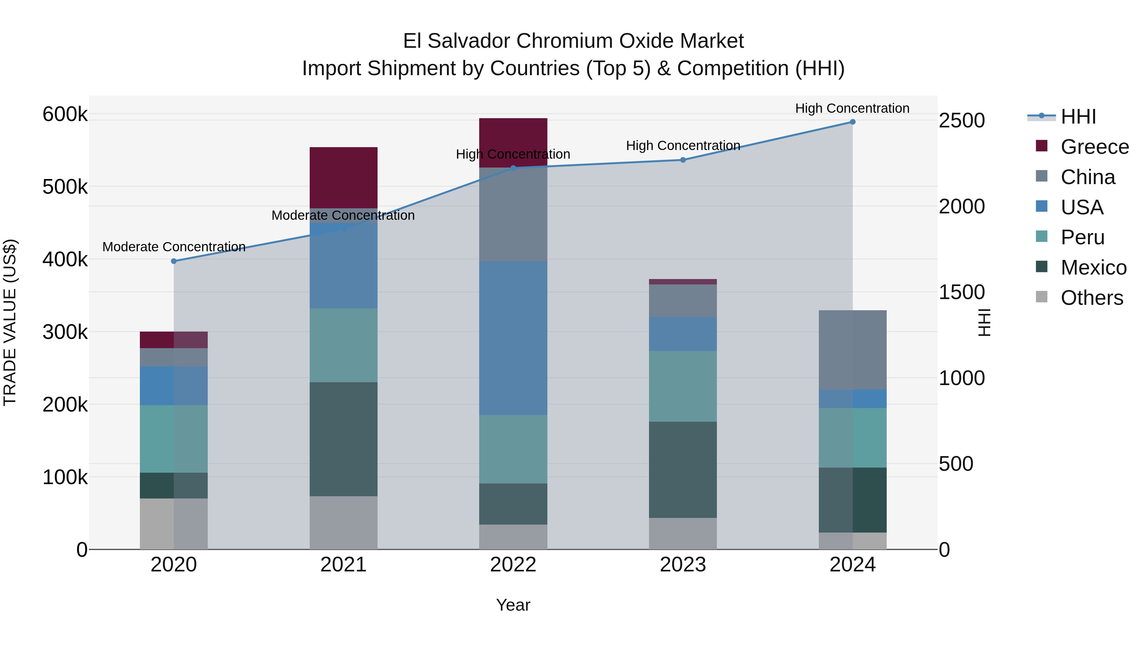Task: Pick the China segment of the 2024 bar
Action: coord(852,349)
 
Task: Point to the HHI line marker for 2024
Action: coord(852,122)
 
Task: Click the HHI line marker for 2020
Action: coord(174,261)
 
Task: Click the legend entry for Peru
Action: coord(1082,237)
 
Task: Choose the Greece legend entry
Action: coord(1094,147)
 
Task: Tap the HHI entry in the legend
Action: coord(1078,117)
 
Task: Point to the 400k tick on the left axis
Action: coord(65,259)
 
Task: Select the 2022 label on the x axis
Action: coord(513,565)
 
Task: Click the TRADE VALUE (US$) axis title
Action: coord(10,322)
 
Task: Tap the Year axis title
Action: coord(513,605)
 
